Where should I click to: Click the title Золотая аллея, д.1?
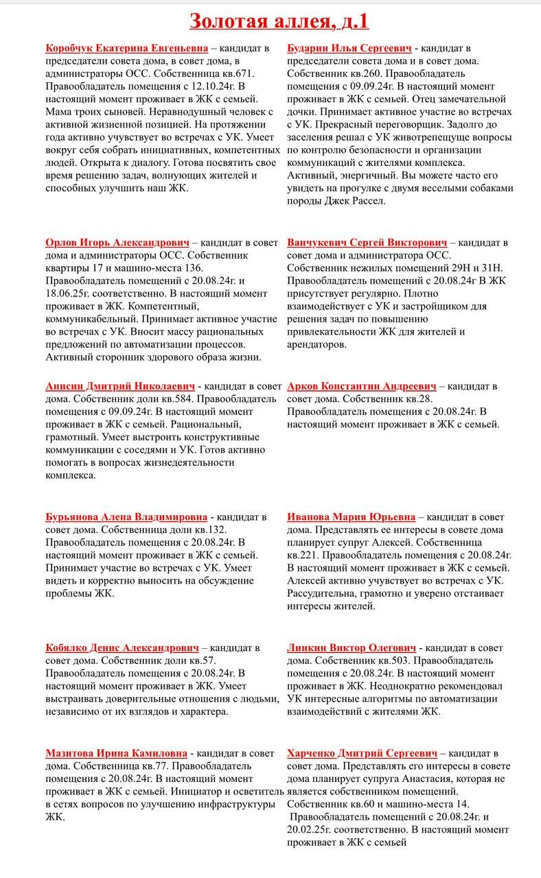tap(279, 21)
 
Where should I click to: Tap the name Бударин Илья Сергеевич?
tap(349, 49)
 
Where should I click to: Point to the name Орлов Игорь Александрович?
tap(117, 243)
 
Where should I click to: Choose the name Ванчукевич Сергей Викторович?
tap(367, 243)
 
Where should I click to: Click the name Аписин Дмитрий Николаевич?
tap(120, 386)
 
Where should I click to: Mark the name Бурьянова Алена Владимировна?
tap(126, 517)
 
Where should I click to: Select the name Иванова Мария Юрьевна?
tap(351, 517)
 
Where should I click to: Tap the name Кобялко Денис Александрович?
tap(122, 648)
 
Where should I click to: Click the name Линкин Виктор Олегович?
tap(352, 648)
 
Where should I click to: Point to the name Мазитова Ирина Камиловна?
tap(117, 753)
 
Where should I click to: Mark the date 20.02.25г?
tap(313, 830)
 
